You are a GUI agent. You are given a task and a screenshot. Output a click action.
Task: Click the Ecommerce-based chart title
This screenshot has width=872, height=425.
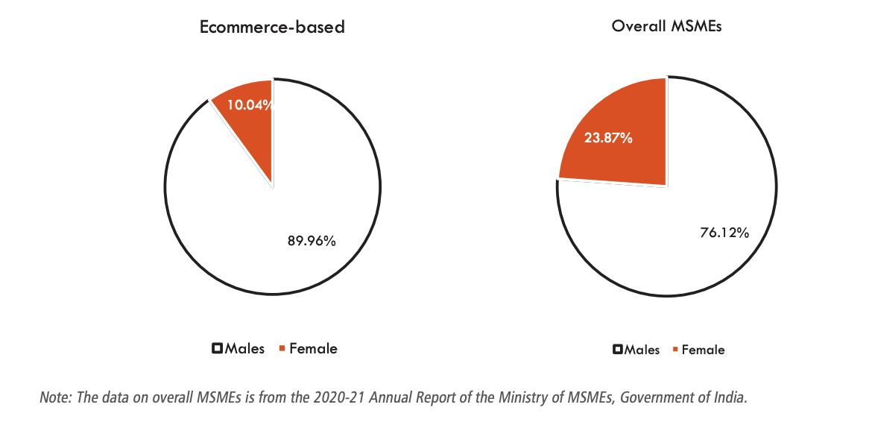272,28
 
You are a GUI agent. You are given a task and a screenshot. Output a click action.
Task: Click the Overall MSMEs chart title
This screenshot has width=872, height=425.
666,26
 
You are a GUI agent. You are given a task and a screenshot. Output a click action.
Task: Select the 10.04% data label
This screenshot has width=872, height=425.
249,105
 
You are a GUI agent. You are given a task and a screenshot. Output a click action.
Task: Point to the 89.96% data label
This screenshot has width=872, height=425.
312,241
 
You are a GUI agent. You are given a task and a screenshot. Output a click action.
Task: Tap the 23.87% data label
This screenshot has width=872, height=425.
608,138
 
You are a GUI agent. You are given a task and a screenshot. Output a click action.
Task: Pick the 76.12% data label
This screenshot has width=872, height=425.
724,233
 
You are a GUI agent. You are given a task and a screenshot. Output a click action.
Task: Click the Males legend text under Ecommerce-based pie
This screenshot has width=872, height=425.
244,348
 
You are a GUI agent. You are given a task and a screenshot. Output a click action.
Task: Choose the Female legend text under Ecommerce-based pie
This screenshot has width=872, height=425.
313,348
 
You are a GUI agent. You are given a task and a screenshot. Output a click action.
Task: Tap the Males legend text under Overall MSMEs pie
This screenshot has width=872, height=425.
642,350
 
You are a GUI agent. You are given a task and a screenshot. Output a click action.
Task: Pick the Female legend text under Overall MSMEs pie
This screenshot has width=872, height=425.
703,350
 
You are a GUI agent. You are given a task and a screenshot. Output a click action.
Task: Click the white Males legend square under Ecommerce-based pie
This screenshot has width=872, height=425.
218,348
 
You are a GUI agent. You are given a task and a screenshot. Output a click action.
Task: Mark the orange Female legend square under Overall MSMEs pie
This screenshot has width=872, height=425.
675,350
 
